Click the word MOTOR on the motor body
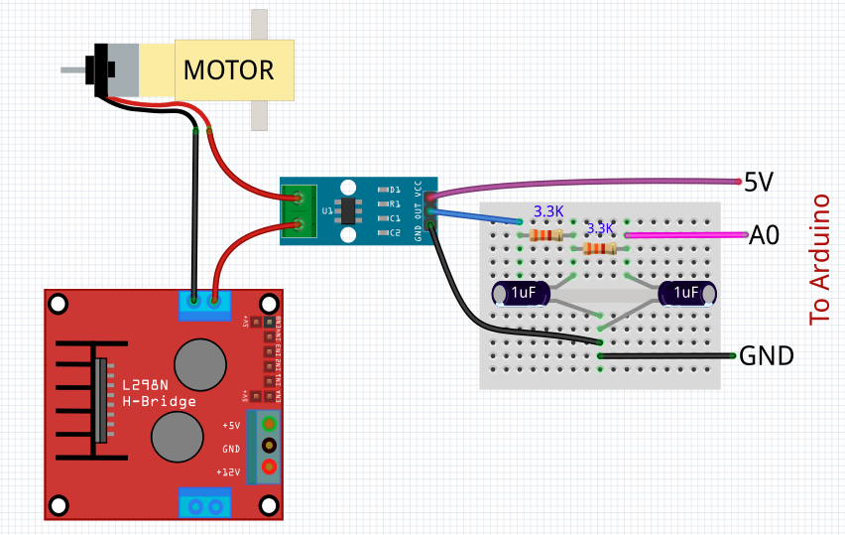click(x=228, y=70)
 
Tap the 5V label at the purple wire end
click(x=759, y=182)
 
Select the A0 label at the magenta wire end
click(x=764, y=235)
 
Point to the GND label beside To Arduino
click(x=767, y=355)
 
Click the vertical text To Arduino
click(x=819, y=260)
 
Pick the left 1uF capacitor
click(x=521, y=293)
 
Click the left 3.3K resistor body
click(x=546, y=235)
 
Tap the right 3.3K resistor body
click(x=600, y=248)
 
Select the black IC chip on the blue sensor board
click(x=348, y=210)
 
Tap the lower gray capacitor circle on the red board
click(x=178, y=435)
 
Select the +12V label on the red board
click(x=230, y=471)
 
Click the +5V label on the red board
click(x=230, y=425)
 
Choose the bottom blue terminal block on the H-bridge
click(x=204, y=504)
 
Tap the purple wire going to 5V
click(x=595, y=183)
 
